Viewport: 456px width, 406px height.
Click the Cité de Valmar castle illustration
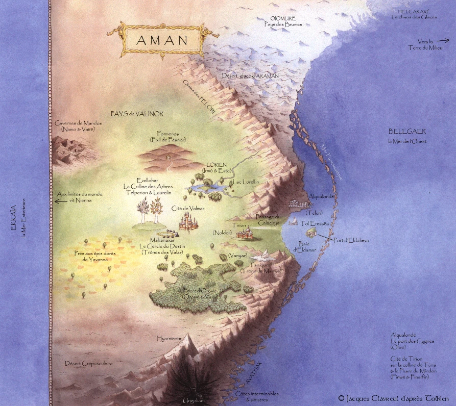pos(188,220)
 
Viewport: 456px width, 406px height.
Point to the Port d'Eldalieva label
pos(351,240)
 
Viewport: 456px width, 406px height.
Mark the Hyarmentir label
pos(169,338)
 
